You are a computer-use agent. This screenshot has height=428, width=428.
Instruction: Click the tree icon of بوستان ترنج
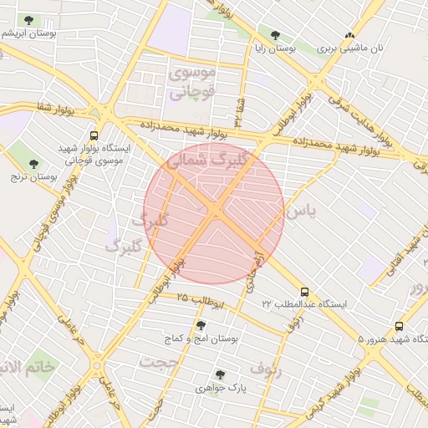[x=33, y=164]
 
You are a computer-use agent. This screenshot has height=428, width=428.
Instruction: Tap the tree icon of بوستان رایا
[x=275, y=35]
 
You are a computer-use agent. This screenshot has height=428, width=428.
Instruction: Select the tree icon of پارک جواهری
[x=220, y=375]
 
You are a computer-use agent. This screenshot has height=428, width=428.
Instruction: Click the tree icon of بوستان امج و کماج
[x=201, y=325]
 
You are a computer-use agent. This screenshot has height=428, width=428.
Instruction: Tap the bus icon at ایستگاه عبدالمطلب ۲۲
[x=303, y=293]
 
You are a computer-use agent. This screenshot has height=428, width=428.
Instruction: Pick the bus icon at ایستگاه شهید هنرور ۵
[x=399, y=327]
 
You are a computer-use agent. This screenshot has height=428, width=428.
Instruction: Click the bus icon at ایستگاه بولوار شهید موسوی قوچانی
[x=93, y=134]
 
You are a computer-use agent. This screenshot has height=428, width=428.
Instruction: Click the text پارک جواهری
[x=218, y=388]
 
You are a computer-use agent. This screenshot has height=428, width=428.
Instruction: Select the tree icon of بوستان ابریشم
[x=29, y=19]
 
